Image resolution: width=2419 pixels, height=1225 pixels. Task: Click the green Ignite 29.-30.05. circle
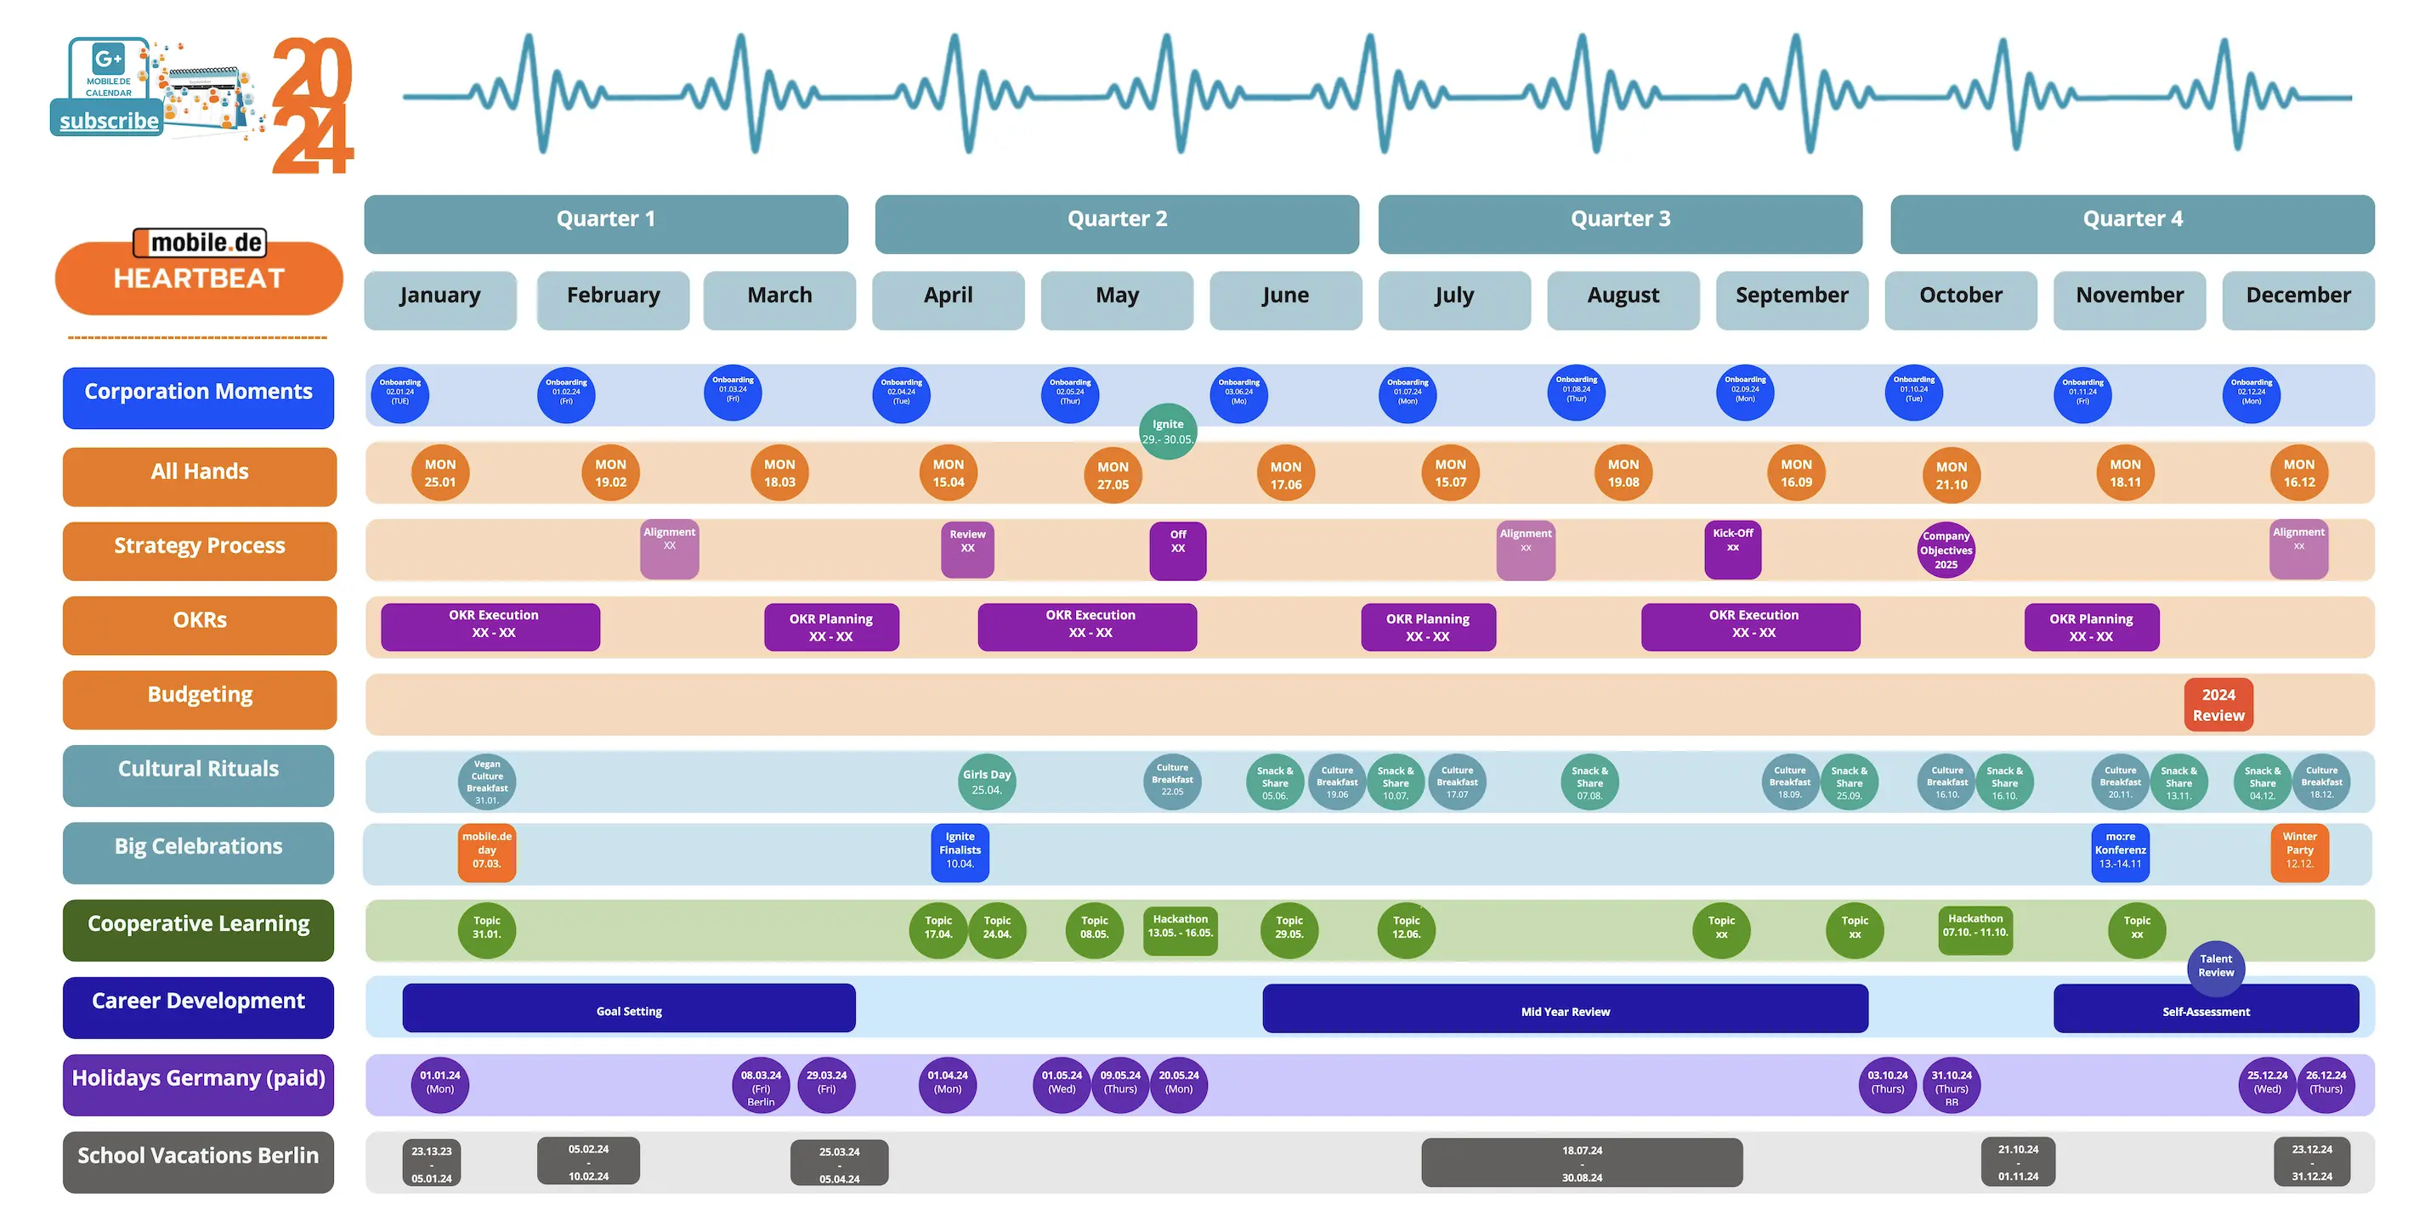(x=1167, y=432)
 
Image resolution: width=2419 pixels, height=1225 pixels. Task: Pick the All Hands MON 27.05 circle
(x=1113, y=476)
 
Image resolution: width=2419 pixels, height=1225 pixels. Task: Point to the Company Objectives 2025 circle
(x=1946, y=550)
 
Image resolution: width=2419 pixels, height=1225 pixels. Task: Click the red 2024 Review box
(x=2218, y=705)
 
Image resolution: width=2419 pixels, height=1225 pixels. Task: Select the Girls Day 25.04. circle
(x=986, y=782)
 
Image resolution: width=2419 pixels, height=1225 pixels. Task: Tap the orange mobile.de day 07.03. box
(x=486, y=851)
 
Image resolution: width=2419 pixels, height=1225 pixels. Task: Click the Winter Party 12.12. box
(x=2299, y=851)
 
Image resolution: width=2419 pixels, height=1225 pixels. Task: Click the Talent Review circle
(x=2215, y=967)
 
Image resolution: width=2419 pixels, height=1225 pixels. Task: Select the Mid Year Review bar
(x=1565, y=1009)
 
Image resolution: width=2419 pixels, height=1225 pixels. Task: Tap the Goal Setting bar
(x=628, y=1009)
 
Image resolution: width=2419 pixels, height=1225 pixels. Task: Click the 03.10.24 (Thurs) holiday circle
(x=1887, y=1084)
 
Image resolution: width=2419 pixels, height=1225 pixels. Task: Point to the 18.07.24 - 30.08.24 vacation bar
(x=1582, y=1163)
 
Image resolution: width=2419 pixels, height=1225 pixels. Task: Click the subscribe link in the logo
(x=109, y=121)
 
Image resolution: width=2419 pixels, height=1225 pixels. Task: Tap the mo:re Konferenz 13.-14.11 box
(x=2120, y=851)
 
